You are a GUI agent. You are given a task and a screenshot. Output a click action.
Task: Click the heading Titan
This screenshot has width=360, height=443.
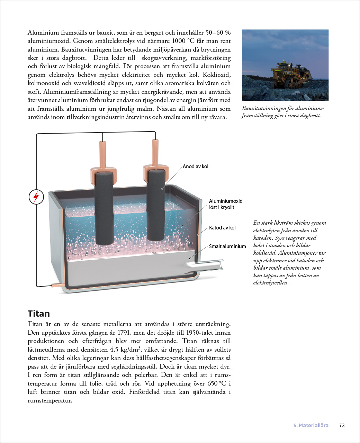pyautogui.click(x=39, y=314)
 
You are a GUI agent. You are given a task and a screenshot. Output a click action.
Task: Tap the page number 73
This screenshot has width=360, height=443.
pyautogui.click(x=342, y=425)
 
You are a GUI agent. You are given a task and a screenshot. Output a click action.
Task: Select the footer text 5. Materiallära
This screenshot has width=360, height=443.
pyautogui.click(x=310, y=425)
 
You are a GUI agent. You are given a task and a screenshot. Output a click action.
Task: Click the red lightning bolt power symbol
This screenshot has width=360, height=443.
pyautogui.click(x=36, y=197)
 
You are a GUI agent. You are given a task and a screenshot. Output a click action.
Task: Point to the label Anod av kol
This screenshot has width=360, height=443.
pyautogui.click(x=196, y=166)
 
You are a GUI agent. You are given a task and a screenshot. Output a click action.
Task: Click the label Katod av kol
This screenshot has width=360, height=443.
pyautogui.click(x=222, y=228)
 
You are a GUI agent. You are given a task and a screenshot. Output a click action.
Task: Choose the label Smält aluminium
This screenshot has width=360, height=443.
pyautogui.click(x=227, y=246)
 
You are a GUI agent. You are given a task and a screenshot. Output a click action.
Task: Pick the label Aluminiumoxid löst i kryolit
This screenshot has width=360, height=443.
pyautogui.click(x=226, y=204)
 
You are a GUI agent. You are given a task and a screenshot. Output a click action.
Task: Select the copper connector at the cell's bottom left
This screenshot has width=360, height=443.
pyautogui.click(x=56, y=285)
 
